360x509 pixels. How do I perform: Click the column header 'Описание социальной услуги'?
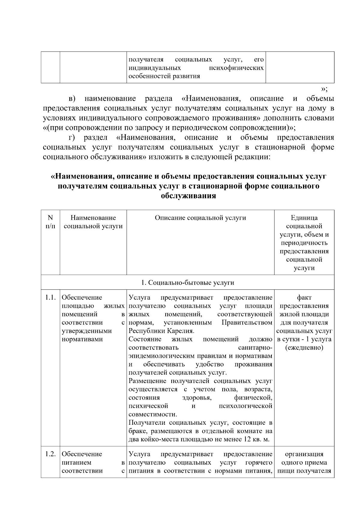coord(200,218)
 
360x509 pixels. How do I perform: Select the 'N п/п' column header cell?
coord(50,222)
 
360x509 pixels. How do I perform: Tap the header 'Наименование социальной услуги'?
coord(93,222)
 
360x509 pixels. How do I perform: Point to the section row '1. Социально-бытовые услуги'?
coord(187,283)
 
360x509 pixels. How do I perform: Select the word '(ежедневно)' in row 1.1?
coord(304,348)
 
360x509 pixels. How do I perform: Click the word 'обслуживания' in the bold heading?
coord(188,196)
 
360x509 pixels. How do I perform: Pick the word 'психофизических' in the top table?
coord(236,68)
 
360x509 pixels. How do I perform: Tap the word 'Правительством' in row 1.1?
coord(247,323)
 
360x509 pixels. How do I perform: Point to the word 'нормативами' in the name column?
coord(82,340)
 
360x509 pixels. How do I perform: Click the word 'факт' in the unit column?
coord(304,298)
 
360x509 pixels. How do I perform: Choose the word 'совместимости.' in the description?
coord(153,415)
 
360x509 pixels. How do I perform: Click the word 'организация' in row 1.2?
coord(304,454)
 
